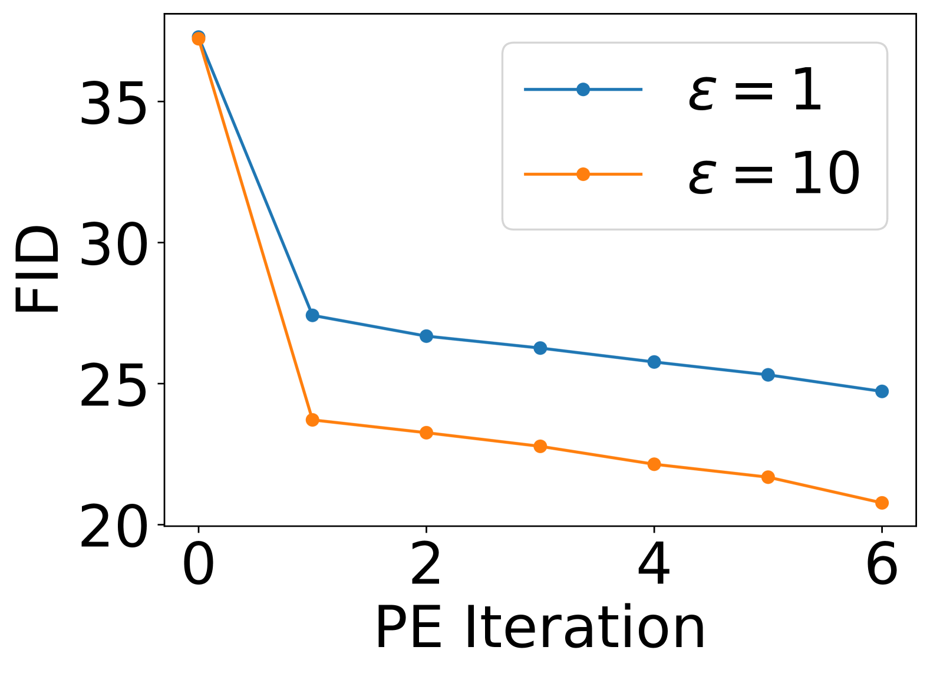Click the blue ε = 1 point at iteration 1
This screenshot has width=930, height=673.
312,315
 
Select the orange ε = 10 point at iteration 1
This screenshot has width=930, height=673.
312,420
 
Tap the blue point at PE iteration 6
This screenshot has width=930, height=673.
882,391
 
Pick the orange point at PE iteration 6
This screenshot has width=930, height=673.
882,503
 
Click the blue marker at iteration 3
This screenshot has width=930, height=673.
540,348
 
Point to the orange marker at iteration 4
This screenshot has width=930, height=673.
654,464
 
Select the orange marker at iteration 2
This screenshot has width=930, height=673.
426,433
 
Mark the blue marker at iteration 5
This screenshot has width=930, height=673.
768,375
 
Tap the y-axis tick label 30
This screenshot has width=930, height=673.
113,244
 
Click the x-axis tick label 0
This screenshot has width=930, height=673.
199,564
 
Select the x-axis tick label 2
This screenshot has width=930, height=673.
426,564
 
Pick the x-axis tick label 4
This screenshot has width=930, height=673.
654,564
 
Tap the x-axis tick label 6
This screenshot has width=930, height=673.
882,564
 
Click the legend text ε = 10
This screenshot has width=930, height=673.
774,174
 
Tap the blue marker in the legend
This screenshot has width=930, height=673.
583,90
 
